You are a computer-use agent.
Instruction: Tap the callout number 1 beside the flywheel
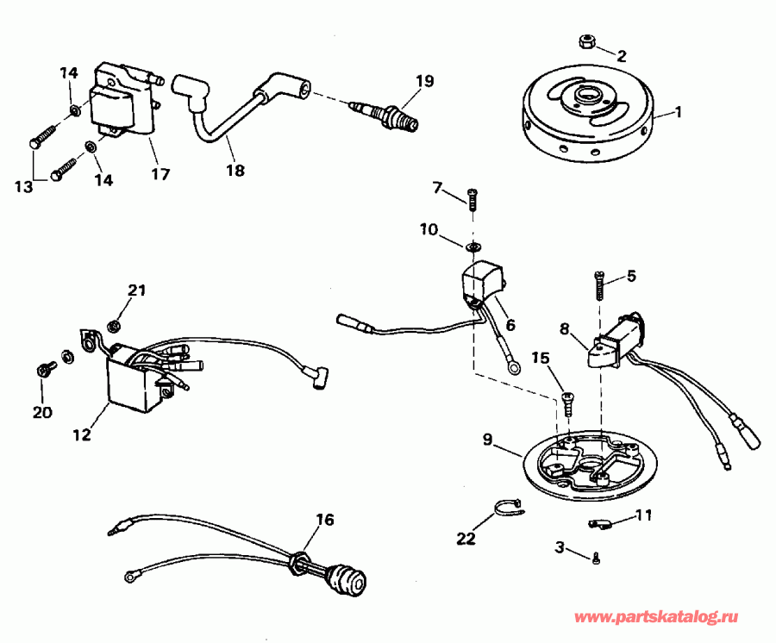coord(678,111)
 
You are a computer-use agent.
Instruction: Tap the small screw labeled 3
coord(597,560)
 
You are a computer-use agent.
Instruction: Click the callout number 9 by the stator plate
coord(487,440)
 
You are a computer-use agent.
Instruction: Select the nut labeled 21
coord(112,325)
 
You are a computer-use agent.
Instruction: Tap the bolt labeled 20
coord(43,371)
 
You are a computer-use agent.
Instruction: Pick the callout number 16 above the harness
coord(323,520)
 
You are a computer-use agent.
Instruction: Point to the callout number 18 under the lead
coord(234,171)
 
